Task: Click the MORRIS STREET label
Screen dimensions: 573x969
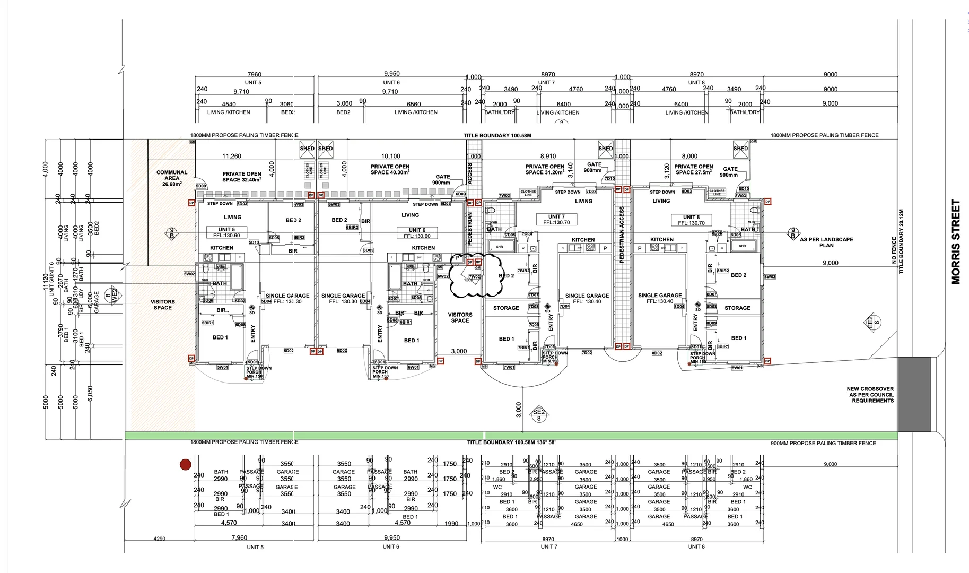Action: (x=956, y=242)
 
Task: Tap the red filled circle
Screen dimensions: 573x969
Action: (x=185, y=465)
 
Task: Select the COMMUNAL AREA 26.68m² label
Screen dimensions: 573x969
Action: (x=172, y=178)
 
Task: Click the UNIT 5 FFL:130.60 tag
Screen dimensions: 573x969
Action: (x=226, y=232)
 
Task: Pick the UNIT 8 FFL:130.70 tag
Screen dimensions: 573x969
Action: (x=691, y=220)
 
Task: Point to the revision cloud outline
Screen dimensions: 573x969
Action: (x=476, y=275)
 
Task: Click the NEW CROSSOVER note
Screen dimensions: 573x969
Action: (x=870, y=395)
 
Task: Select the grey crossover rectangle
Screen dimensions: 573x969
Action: (x=914, y=394)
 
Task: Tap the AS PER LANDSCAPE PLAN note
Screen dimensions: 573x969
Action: (x=826, y=242)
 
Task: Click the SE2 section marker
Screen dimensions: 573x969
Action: (x=538, y=415)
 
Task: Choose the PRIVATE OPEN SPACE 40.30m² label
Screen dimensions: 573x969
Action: (x=390, y=169)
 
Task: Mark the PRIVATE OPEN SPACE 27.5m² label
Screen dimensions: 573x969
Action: (x=693, y=169)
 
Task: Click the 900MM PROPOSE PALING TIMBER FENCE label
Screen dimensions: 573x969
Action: (x=823, y=443)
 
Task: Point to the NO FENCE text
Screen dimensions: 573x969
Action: (x=894, y=250)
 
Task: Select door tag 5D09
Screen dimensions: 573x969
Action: (x=200, y=186)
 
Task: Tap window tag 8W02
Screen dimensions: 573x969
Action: (x=770, y=277)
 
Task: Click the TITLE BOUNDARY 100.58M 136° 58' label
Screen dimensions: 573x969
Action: (x=511, y=442)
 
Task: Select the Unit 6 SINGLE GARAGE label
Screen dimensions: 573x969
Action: (x=343, y=299)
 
